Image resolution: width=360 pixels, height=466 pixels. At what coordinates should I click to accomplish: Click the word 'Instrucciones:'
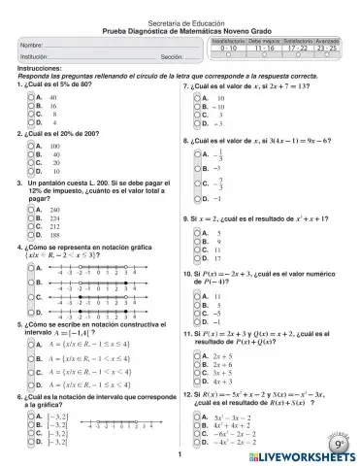pos(39,70)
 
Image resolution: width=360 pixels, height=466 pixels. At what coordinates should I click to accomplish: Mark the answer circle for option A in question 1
pos(28,97)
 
